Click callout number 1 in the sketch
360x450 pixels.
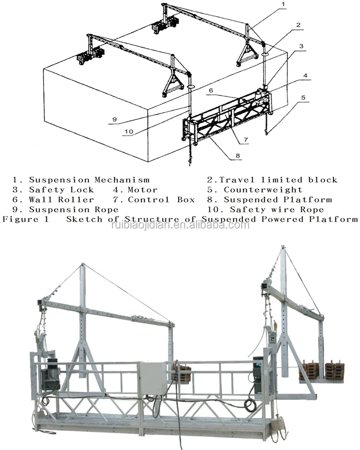(283, 4)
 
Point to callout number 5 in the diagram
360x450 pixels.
(303, 97)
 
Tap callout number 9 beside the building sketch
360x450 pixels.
(114, 119)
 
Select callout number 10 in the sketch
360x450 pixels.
(129, 131)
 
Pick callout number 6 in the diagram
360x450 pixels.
(210, 90)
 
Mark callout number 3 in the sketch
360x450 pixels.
(301, 46)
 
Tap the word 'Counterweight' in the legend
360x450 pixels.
(263, 190)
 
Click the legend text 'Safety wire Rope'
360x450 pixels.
(277, 210)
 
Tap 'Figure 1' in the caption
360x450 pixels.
(27, 220)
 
